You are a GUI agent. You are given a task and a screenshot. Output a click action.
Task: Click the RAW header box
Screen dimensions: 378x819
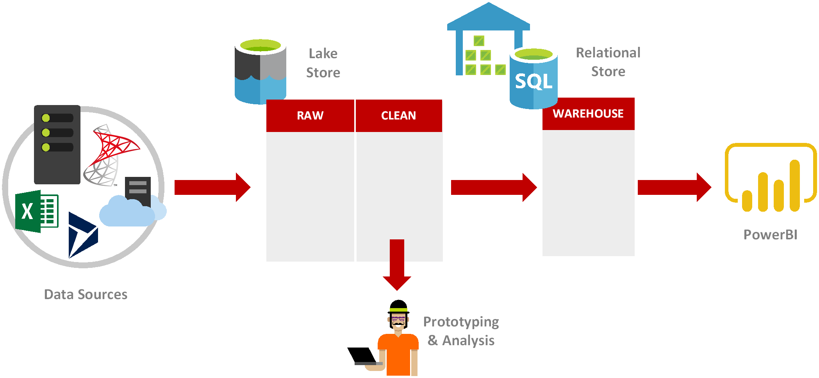[310, 116]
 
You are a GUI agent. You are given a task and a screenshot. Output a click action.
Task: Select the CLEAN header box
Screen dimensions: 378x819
[398, 116]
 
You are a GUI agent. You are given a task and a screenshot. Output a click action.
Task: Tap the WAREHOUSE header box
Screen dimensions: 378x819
[588, 114]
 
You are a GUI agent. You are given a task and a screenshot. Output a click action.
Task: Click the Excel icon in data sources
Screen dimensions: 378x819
[36, 211]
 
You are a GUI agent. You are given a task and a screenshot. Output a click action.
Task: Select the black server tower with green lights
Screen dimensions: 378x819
[57, 144]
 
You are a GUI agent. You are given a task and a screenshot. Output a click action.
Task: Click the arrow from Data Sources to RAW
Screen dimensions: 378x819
[212, 187]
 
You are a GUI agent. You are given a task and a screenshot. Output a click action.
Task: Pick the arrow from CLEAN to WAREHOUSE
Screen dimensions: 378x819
[493, 187]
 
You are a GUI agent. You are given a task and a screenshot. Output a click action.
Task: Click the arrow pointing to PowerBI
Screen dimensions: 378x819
[674, 187]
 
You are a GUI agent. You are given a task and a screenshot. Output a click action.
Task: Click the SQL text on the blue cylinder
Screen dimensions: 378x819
[533, 82]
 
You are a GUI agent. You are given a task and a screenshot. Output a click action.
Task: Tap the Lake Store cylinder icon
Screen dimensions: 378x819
[260, 72]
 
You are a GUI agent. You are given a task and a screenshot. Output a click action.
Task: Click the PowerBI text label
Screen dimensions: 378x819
[770, 235]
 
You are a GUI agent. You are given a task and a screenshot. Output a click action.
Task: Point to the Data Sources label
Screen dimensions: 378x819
[86, 294]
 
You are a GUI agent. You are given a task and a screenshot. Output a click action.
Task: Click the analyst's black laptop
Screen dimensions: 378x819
[362, 355]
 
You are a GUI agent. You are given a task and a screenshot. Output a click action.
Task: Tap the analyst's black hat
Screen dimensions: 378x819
[398, 307]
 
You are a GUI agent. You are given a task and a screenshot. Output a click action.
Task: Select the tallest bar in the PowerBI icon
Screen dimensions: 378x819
[794, 185]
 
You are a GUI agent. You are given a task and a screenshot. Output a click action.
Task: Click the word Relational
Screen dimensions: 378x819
[608, 53]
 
